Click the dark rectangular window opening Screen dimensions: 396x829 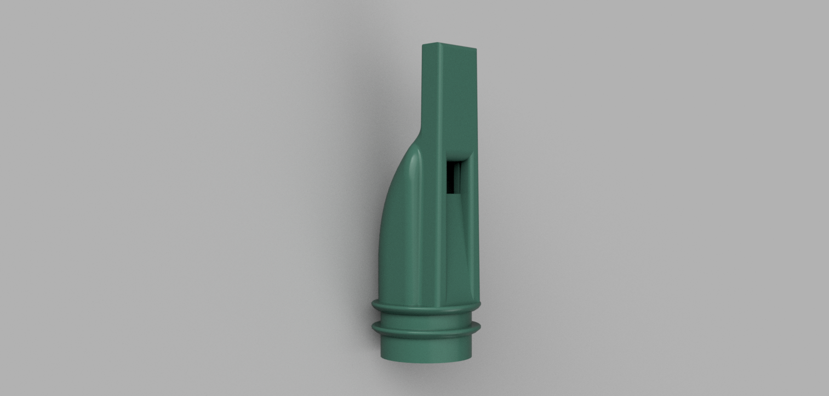click(454, 176)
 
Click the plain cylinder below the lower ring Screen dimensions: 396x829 click(426, 348)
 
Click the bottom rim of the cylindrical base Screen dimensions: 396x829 click(426, 361)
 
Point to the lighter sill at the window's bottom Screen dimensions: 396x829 click(454, 192)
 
